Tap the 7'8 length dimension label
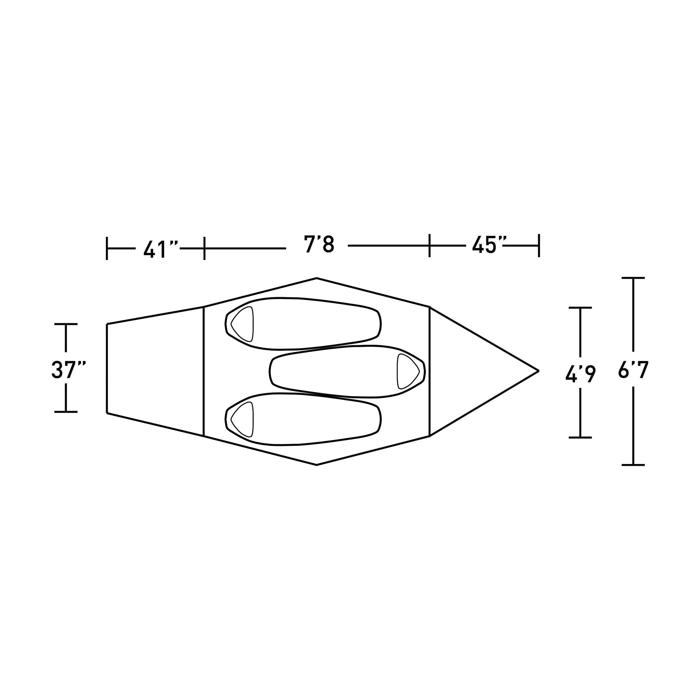click(319, 245)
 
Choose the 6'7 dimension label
click(633, 370)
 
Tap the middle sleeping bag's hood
click(409, 371)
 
